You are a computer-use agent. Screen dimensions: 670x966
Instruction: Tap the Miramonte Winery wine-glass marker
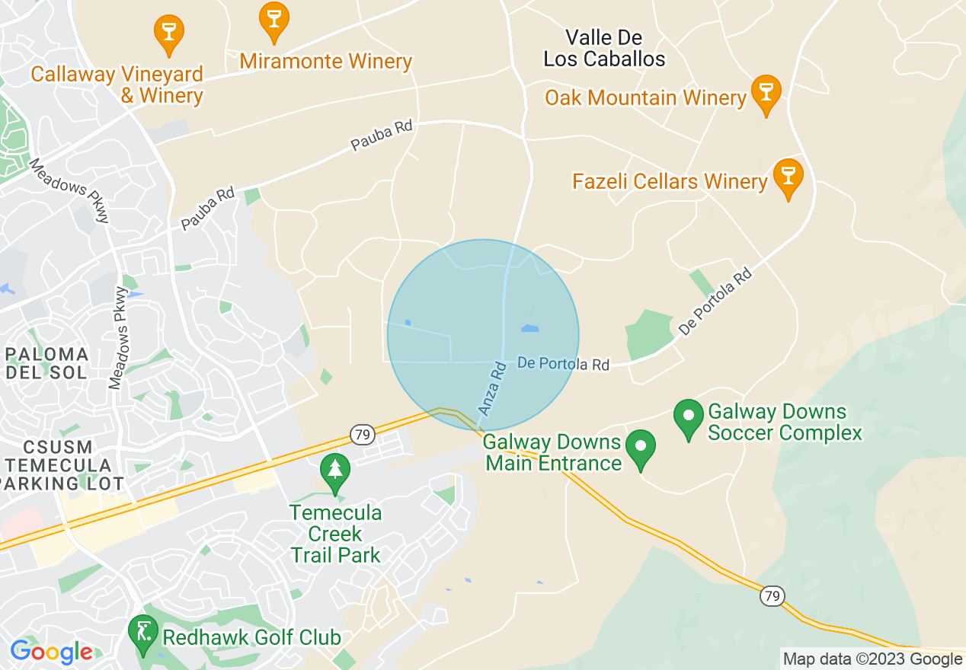tap(273, 19)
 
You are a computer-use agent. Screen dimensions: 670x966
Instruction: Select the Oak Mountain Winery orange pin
tap(766, 92)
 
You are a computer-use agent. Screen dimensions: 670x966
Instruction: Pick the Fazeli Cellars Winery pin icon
tap(788, 176)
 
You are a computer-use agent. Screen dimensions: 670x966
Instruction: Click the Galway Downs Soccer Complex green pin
tap(689, 417)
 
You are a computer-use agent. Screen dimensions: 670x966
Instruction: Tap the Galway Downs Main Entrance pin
tap(641, 448)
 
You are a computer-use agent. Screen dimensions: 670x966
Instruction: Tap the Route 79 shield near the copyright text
tap(772, 596)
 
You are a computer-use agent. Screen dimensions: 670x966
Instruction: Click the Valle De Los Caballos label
tap(604, 48)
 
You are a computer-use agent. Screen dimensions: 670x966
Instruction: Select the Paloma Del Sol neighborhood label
tap(46, 363)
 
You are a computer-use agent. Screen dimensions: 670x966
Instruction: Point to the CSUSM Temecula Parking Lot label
tap(58, 465)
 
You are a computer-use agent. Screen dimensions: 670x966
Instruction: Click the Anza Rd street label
tap(492, 389)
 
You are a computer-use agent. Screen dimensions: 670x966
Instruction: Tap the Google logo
tap(52, 652)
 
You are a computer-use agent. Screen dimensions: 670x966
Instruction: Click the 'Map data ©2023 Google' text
tap(872, 659)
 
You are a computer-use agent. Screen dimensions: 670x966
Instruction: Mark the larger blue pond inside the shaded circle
tap(529, 329)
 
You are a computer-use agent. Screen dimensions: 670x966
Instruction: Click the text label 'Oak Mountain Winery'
tap(645, 97)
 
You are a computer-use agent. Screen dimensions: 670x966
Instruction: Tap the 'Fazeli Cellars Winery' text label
tap(670, 181)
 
